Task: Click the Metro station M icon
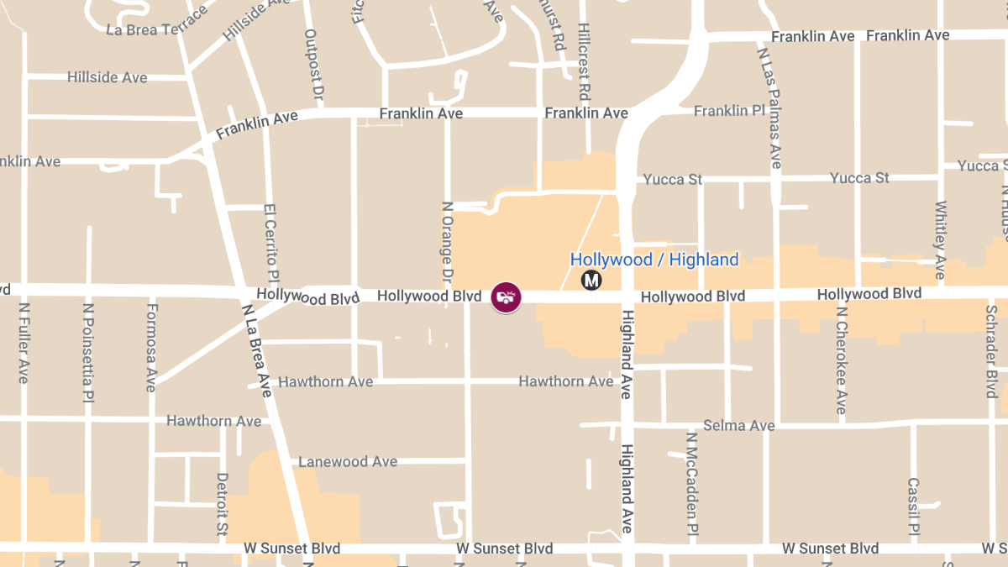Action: click(x=591, y=281)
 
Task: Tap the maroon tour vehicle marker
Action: click(x=506, y=297)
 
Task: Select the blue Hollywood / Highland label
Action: click(x=654, y=260)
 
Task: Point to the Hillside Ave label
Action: click(x=107, y=77)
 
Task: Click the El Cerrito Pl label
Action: click(x=270, y=243)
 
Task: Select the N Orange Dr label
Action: click(x=447, y=242)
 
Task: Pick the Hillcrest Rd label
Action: click(x=585, y=61)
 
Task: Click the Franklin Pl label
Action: click(x=729, y=111)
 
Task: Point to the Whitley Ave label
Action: click(x=941, y=239)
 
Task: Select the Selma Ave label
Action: click(x=739, y=426)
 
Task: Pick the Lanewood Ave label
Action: click(x=348, y=462)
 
